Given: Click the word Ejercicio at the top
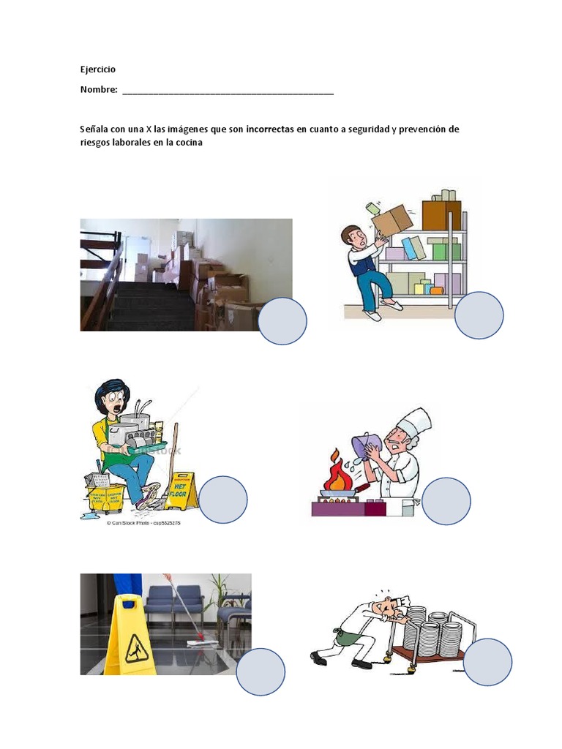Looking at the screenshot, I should [98, 69].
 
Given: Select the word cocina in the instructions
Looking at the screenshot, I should [187, 143].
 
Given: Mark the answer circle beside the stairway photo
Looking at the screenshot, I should [282, 321].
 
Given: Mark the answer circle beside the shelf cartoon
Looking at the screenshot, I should [479, 315].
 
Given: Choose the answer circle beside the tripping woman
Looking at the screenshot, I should [223, 500].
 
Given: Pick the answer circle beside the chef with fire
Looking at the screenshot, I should [446, 501].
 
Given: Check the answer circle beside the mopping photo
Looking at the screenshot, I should [261, 671].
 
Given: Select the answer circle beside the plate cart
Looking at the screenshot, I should [488, 662].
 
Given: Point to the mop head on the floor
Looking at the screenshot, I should [196, 641].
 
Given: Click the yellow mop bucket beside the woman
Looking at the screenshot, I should [107, 497].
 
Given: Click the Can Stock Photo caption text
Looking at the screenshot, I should [143, 524].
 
